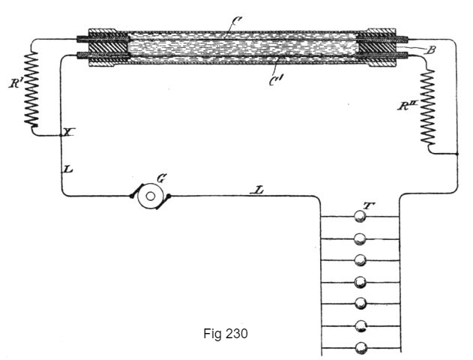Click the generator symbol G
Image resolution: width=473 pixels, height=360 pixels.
(150, 196)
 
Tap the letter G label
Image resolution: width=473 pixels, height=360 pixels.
(161, 178)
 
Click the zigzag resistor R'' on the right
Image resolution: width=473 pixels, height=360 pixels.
(428, 106)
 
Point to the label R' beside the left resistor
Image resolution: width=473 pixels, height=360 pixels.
(14, 83)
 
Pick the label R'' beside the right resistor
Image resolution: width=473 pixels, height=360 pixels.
(407, 105)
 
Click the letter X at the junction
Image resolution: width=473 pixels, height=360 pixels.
(68, 132)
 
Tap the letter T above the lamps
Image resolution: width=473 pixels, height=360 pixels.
(369, 205)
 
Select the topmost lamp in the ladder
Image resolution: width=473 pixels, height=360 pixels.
(360, 217)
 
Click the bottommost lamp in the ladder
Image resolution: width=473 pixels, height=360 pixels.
(361, 348)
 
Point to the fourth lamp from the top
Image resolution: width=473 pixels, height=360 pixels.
(360, 283)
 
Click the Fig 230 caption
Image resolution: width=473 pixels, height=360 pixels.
(226, 334)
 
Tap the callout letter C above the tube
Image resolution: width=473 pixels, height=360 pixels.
(236, 21)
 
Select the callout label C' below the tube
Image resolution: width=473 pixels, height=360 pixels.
(276, 80)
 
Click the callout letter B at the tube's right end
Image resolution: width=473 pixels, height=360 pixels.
(430, 50)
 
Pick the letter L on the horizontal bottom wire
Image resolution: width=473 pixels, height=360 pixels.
(256, 190)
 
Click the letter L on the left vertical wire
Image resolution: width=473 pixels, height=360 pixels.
(68, 169)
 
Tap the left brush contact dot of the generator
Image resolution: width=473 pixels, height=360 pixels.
(131, 196)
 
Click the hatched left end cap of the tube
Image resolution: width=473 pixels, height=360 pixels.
(108, 48)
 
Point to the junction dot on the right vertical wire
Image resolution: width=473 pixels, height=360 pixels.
(457, 154)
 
